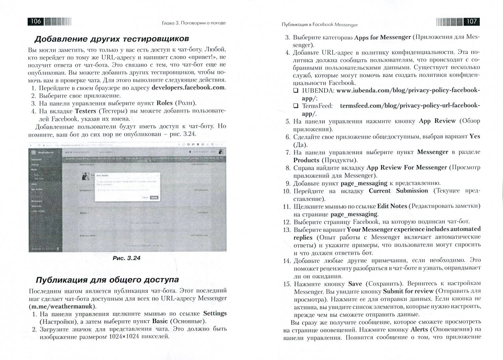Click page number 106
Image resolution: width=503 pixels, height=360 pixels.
36,22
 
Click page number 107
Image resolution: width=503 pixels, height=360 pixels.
471,22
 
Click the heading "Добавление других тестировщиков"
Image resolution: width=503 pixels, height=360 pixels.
112,39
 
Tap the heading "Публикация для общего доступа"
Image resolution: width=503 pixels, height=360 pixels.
107,279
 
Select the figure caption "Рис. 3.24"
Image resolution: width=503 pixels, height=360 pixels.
126,258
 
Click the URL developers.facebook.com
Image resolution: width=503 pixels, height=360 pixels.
188,88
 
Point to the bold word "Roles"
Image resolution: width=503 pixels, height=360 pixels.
164,103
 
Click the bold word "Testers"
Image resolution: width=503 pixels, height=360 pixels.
85,111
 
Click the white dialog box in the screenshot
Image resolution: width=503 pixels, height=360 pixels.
127,186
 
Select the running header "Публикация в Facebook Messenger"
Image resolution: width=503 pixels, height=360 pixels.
320,24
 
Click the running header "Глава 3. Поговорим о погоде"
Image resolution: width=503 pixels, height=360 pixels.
193,23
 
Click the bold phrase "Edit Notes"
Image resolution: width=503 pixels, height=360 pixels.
392,206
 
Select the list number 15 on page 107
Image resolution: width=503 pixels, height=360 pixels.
287,284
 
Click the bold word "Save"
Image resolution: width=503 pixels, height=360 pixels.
355,284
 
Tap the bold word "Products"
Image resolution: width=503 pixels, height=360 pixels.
306,160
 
